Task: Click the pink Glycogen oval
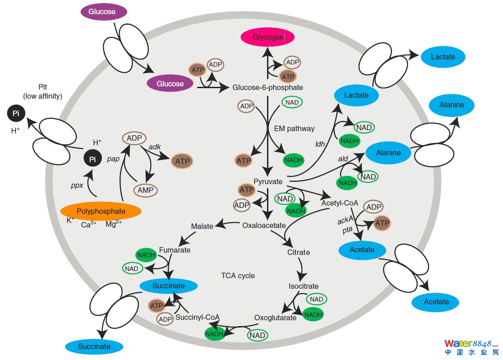tap(268, 37)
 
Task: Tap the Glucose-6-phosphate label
tap(267, 87)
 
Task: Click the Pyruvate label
tap(268, 181)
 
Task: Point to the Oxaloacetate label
tap(264, 225)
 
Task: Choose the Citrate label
tap(299, 252)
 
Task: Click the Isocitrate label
tap(304, 286)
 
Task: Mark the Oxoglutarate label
tap(275, 318)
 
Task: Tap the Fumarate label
tap(175, 250)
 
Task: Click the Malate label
tap(202, 226)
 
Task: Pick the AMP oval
tap(146, 190)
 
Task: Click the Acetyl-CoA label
tap(340, 202)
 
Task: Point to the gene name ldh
tap(320, 144)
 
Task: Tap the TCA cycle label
tap(238, 275)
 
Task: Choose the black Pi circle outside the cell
tap(16, 114)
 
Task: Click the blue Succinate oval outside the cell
tap(94, 346)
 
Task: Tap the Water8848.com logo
tap(472, 347)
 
